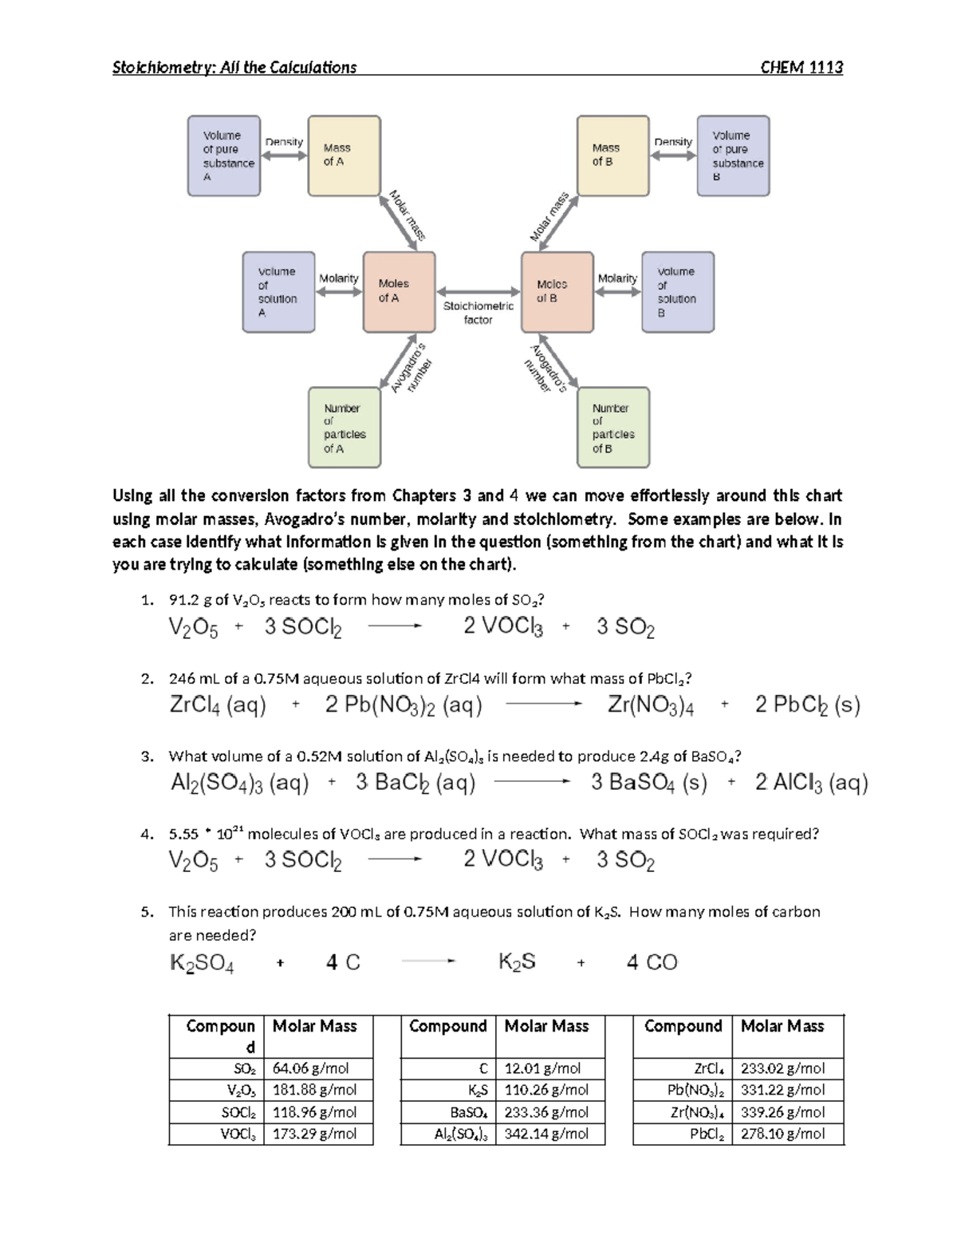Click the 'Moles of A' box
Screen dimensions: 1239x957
(399, 291)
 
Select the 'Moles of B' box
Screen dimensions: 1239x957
(557, 291)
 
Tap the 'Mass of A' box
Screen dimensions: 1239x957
(344, 156)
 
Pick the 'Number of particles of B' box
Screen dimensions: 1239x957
(612, 428)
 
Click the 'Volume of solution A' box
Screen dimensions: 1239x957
(278, 292)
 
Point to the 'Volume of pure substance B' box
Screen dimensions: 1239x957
(733, 156)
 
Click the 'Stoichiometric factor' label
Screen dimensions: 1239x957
(478, 313)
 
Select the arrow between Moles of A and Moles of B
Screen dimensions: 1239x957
(478, 293)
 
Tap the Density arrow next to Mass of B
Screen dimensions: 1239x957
(673, 156)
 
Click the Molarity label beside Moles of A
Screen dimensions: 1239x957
(339, 278)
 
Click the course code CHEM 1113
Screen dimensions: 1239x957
(801, 68)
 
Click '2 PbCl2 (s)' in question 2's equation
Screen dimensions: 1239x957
(807, 705)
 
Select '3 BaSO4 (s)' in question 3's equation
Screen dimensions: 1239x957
(648, 783)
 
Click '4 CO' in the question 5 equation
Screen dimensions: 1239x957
(652, 963)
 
